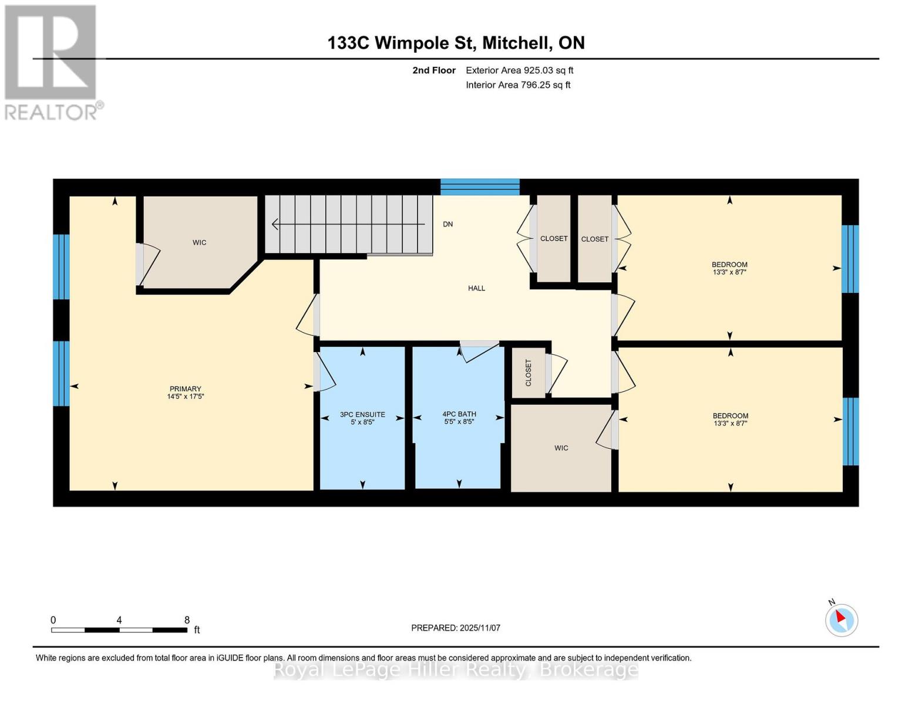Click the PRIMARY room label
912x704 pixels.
[185, 389]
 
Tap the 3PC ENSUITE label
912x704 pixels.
[362, 414]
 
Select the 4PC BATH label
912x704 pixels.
[459, 414]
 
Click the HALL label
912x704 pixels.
[476, 288]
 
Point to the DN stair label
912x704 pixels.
[447, 224]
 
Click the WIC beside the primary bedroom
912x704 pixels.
[199, 242]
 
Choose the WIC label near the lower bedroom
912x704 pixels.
[561, 448]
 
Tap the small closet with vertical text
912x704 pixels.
[528, 373]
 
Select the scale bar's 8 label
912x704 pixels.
[187, 620]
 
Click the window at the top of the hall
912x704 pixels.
[480, 187]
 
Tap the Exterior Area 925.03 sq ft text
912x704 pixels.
[519, 70]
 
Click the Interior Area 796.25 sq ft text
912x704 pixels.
[518, 85]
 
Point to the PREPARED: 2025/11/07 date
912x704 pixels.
[455, 628]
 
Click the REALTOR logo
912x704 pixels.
[51, 62]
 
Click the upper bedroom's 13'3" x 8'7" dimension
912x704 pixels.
[729, 272]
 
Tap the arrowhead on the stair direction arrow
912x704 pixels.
[274, 224]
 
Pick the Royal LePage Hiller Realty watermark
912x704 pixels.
[456, 669]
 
